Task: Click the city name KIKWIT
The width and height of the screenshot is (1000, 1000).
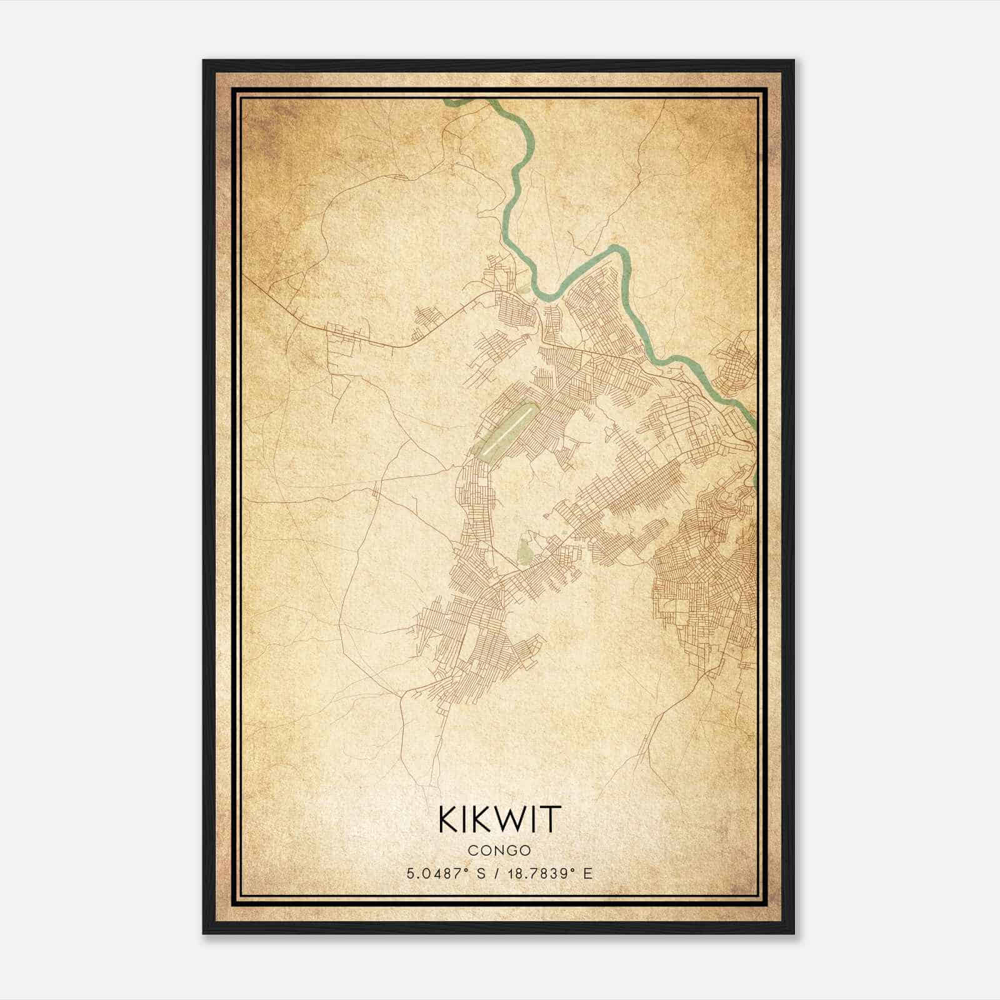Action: point(500,819)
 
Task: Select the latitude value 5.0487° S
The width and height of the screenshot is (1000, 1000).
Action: point(446,874)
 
